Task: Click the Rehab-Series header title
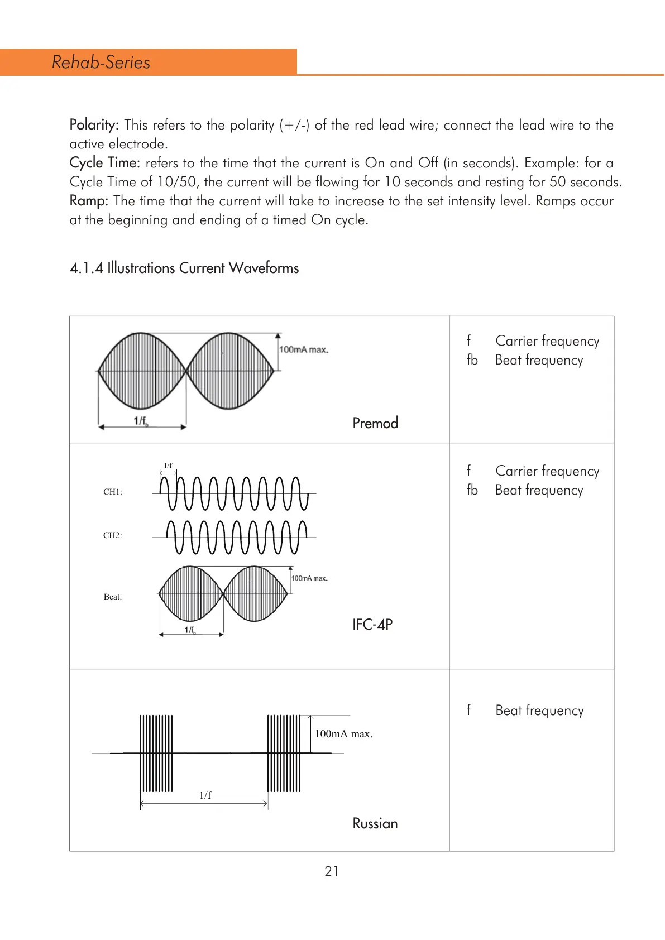pyautogui.click(x=101, y=62)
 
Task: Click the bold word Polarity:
pyautogui.click(x=94, y=125)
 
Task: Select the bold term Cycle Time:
pyautogui.click(x=104, y=163)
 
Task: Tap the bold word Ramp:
pyautogui.click(x=89, y=201)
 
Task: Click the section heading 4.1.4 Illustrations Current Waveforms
pyautogui.click(x=184, y=268)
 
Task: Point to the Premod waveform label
pyautogui.click(x=375, y=423)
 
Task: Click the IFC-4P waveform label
pyautogui.click(x=372, y=625)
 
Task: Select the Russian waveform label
pyautogui.click(x=375, y=824)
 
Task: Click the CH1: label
pyautogui.click(x=113, y=492)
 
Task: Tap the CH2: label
pyautogui.click(x=113, y=535)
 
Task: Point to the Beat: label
pyautogui.click(x=113, y=597)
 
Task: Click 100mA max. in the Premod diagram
pyautogui.click(x=304, y=350)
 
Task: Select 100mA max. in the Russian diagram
pyautogui.click(x=343, y=734)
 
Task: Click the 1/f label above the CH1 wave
pyautogui.click(x=168, y=465)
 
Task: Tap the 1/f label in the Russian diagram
pyautogui.click(x=205, y=795)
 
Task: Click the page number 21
pyautogui.click(x=332, y=871)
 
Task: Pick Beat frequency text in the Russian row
pyautogui.click(x=539, y=711)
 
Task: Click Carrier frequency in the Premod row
pyautogui.click(x=547, y=341)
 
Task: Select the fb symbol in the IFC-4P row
pyautogui.click(x=472, y=490)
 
